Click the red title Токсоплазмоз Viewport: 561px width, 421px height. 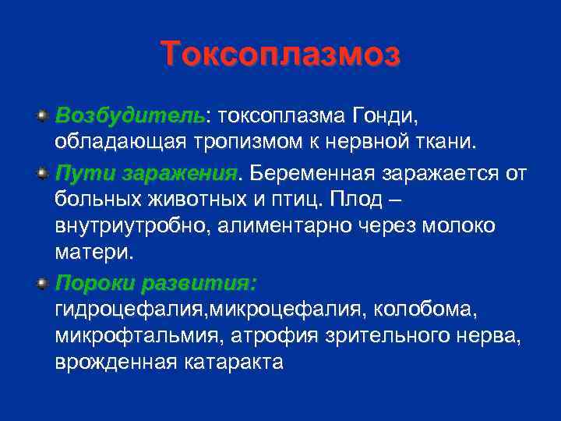pyautogui.click(x=280, y=55)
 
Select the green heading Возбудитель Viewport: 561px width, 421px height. pyautogui.click(x=129, y=116)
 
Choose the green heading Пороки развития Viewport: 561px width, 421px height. pyautogui.click(x=156, y=281)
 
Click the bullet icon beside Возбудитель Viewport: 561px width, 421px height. pyautogui.click(x=41, y=115)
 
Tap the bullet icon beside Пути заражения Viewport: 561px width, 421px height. pyautogui.click(x=41, y=171)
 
